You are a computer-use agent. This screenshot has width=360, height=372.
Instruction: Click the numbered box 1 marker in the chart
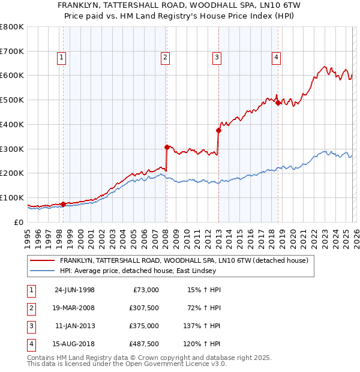coord(62,58)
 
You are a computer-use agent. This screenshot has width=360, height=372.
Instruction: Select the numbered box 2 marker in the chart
coord(165,58)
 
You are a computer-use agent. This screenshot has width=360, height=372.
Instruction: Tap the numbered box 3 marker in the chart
coord(217,58)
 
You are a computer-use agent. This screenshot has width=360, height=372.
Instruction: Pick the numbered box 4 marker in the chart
coord(276,58)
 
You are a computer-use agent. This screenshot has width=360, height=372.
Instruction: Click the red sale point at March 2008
coord(167,146)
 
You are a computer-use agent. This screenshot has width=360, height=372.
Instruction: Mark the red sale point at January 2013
coord(218,130)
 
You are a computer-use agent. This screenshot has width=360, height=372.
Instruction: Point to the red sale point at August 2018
coord(278,103)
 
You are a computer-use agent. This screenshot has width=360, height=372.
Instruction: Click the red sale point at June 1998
coord(63,204)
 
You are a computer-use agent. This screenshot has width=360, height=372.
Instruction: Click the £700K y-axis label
coord(12,51)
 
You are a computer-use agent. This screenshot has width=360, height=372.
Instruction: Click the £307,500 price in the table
coord(144,308)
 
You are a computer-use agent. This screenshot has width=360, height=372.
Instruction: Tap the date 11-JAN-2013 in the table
coord(74,326)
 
